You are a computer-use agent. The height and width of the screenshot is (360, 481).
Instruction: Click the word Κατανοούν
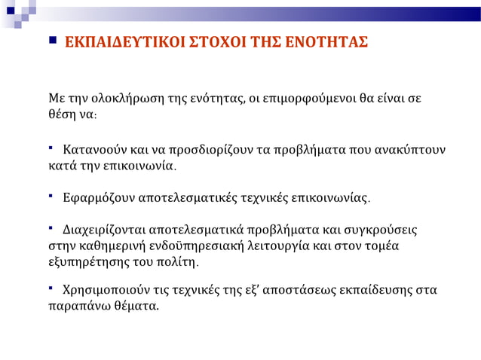[x=91, y=148]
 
